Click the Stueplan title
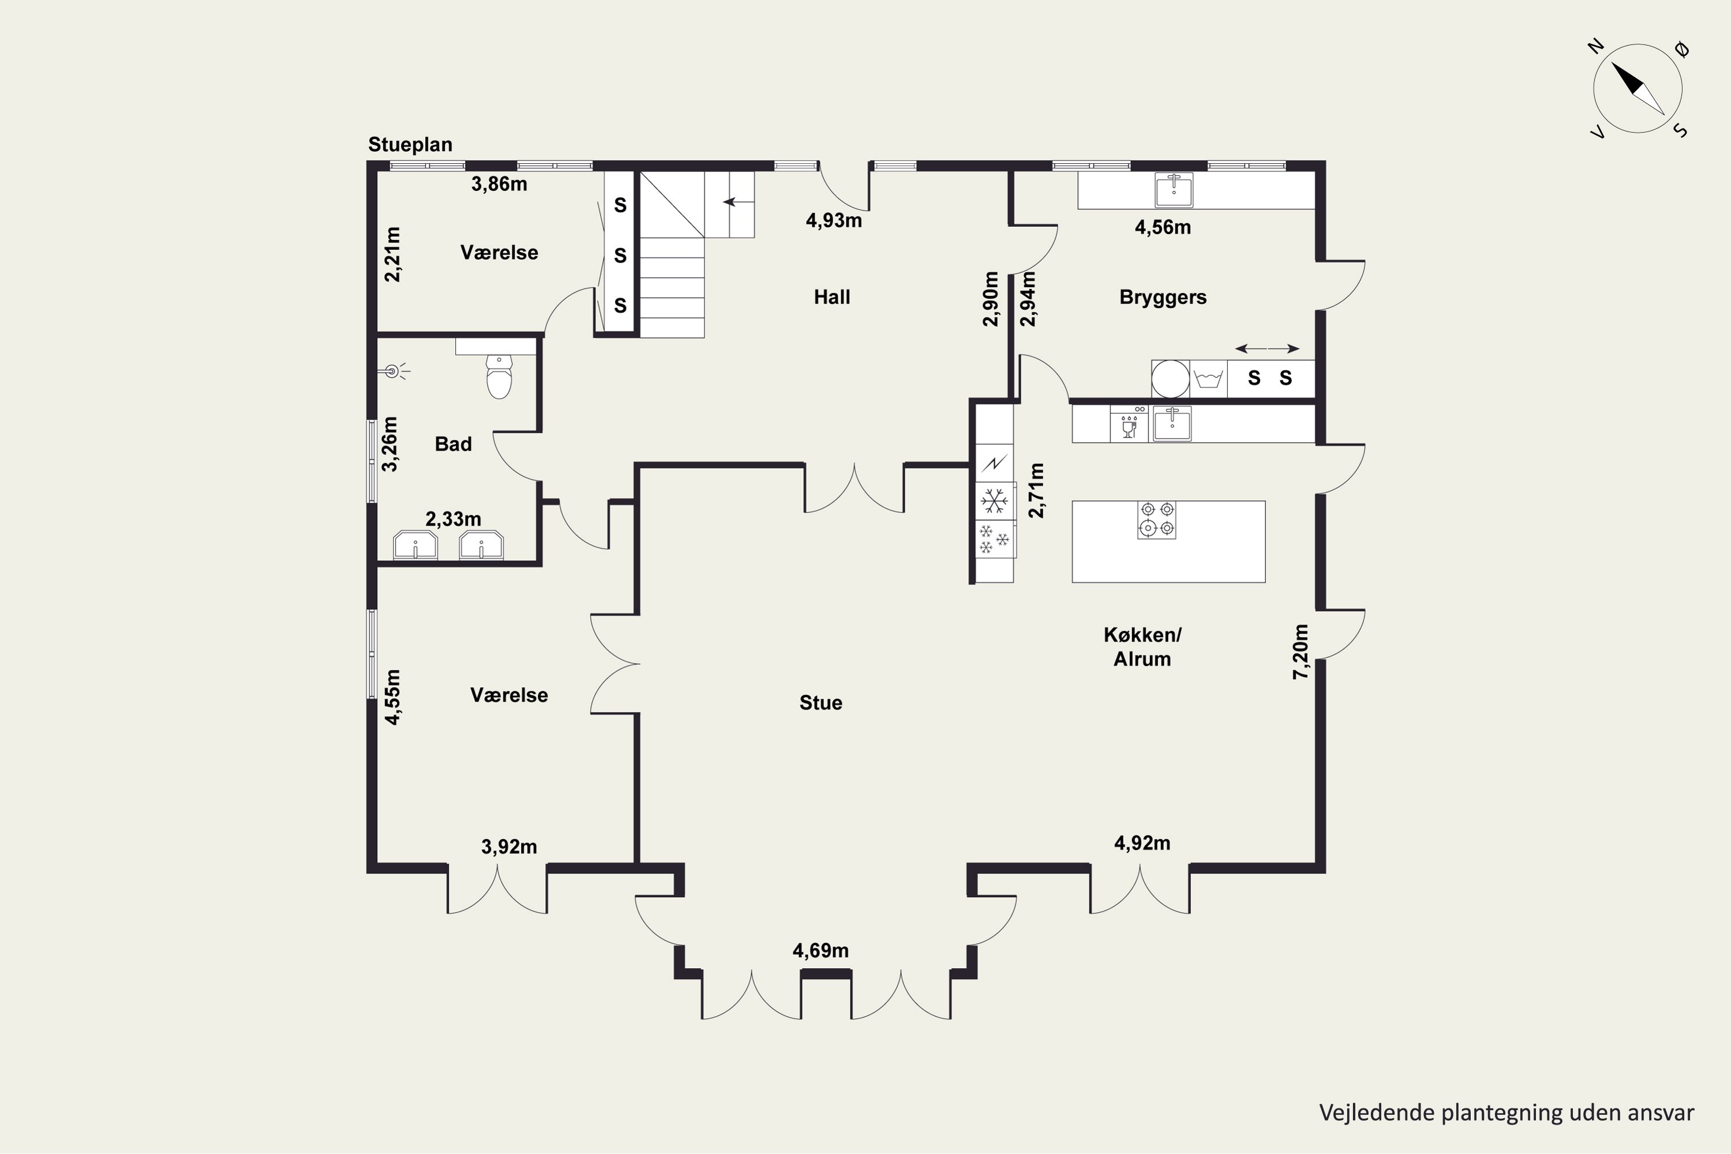[410, 145]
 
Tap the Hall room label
[831, 297]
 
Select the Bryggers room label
[1163, 297]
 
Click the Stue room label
[820, 703]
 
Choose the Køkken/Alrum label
[1142, 647]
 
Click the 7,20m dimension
[1301, 651]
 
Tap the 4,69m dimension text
[820, 951]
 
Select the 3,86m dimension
[499, 184]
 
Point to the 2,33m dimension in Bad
[454, 519]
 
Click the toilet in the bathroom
[499, 376]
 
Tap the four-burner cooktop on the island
[1156, 520]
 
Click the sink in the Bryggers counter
[1174, 190]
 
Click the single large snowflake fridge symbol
[994, 501]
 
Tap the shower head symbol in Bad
[393, 372]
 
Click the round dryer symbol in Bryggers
[1170, 379]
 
